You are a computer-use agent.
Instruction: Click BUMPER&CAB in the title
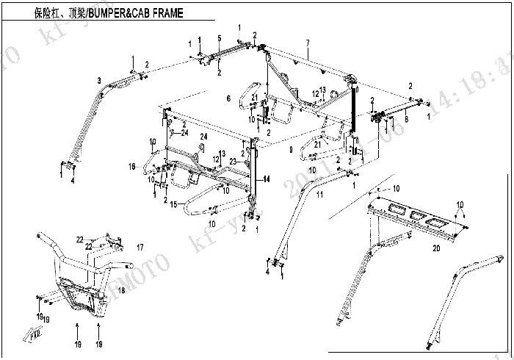coord(117,13)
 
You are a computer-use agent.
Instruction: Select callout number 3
coord(98,79)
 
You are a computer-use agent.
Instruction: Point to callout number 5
coord(219,38)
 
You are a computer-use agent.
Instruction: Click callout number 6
coord(228,98)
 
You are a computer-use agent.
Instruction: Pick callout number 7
coord(307,42)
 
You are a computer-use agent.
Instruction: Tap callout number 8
coord(405,118)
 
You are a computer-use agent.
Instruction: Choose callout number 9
coord(291,149)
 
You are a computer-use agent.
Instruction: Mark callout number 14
coord(267,179)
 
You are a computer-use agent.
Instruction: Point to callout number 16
coord(133,167)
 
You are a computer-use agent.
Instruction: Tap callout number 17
coord(140,245)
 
